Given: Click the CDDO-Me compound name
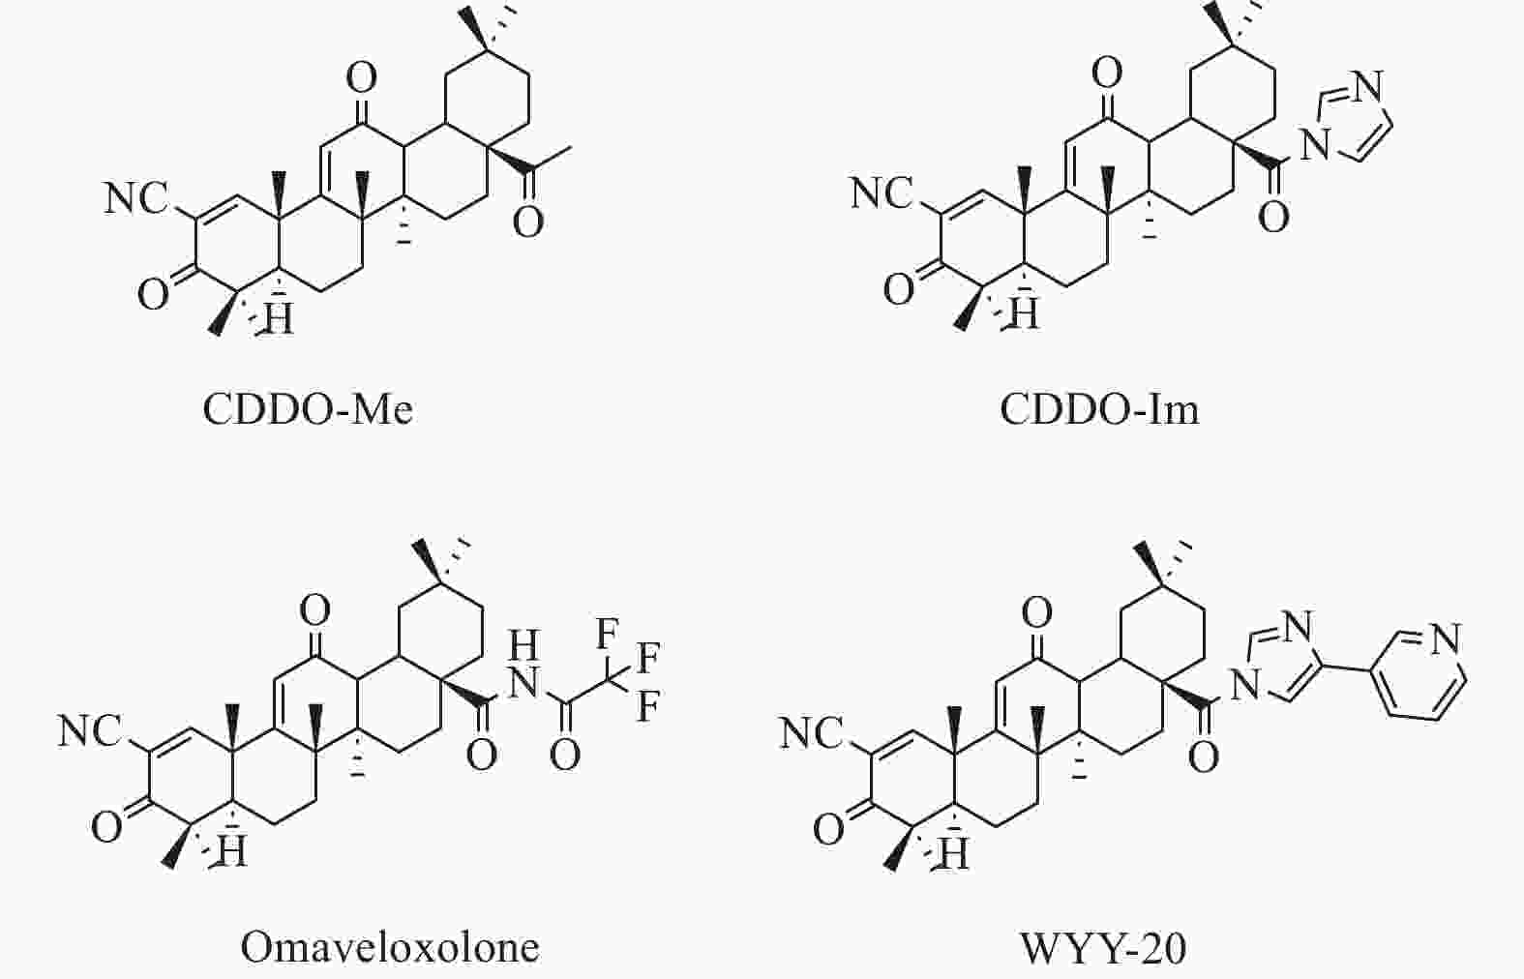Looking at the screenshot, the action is (x=309, y=409).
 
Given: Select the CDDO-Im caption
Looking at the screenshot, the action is (x=1099, y=409).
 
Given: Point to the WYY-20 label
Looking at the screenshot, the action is (x=1103, y=948).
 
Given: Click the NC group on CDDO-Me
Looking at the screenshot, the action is (x=136, y=198).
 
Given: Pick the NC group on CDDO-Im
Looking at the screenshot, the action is (x=882, y=193).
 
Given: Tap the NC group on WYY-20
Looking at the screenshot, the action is (x=812, y=734).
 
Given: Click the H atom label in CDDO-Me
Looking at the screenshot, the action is (x=279, y=317).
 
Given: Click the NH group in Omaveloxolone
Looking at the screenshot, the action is (x=523, y=664).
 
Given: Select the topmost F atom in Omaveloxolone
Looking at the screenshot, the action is (x=607, y=634).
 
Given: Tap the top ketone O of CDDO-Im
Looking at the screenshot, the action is (x=1107, y=73).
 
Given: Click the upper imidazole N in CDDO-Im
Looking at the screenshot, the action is (x=1368, y=86).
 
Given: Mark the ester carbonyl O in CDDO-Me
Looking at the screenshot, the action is (x=528, y=222).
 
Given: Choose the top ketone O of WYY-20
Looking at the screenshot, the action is (x=1037, y=612).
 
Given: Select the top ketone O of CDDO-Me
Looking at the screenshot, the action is (x=361, y=78).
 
